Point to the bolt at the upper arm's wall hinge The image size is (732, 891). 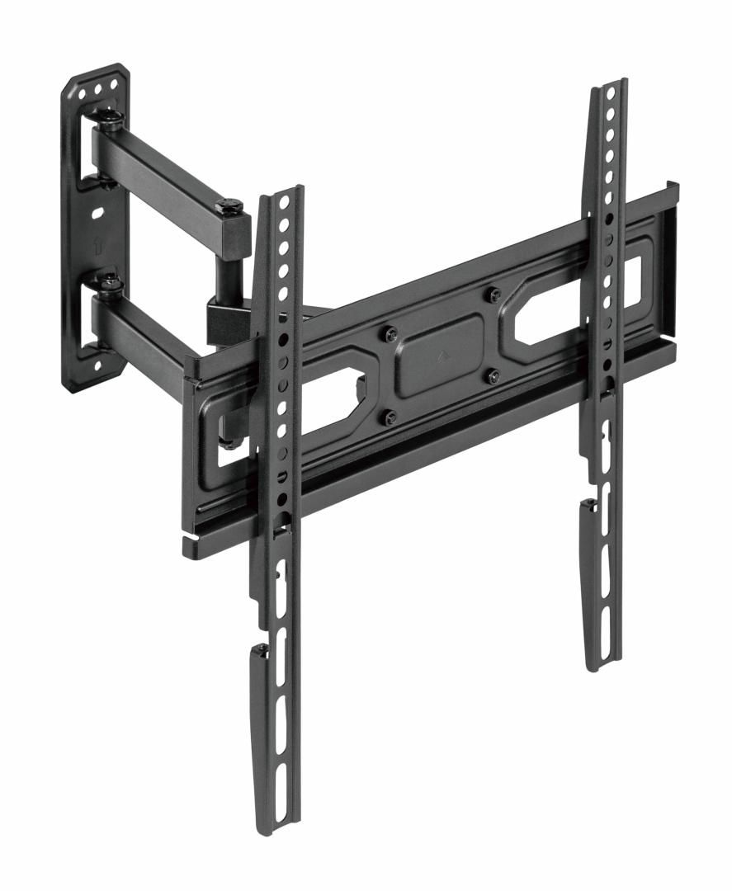pos(111,124)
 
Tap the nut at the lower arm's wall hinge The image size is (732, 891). pos(109,284)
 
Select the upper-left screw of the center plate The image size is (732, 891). pos(391,334)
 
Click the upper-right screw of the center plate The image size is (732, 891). pos(494,295)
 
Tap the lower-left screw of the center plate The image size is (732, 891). pos(391,417)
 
